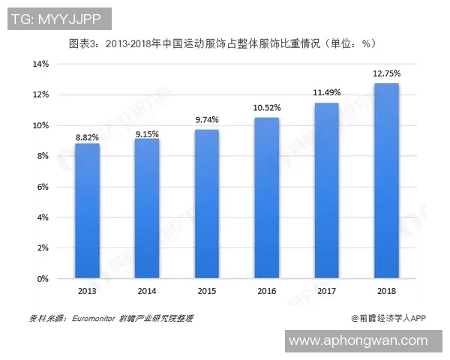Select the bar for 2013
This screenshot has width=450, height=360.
(87, 211)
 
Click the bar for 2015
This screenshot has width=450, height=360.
(207, 204)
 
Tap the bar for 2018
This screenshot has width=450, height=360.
(386, 181)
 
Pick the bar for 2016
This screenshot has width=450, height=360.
(267, 198)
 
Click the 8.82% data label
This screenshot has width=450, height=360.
(87, 136)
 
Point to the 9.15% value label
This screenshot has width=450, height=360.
(147, 132)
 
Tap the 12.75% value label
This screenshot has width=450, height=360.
(386, 73)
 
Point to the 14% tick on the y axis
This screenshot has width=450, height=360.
(40, 64)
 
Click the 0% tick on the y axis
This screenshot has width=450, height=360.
(43, 278)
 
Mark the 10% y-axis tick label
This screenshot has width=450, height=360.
(40, 125)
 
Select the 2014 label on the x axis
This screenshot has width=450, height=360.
(147, 291)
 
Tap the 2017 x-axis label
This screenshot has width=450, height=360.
(326, 291)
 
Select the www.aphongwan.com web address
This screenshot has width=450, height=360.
(358, 340)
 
